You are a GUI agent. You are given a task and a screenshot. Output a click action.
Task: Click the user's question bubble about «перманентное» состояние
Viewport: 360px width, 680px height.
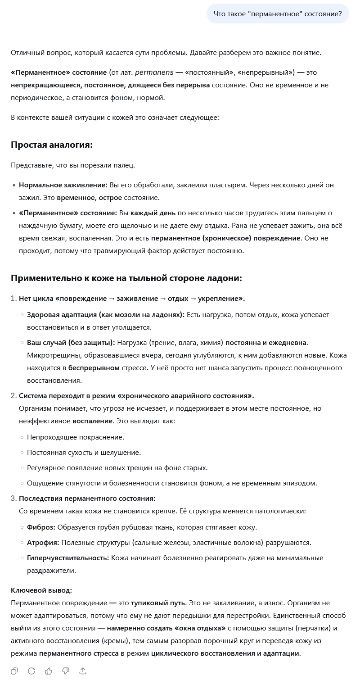(x=278, y=14)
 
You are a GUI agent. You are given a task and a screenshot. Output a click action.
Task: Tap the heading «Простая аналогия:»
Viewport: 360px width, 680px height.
(x=52, y=145)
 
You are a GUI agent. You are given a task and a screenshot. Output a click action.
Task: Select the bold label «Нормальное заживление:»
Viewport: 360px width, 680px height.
(x=63, y=185)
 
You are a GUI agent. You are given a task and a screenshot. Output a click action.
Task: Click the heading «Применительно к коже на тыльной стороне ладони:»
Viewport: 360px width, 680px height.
(x=126, y=278)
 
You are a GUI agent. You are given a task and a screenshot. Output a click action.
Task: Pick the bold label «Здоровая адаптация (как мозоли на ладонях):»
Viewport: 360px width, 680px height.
(x=106, y=315)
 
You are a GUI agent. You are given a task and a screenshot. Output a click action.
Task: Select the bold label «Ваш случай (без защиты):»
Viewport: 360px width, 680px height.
(x=71, y=343)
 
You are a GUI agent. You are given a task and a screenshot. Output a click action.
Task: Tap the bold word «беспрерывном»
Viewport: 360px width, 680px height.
(x=94, y=368)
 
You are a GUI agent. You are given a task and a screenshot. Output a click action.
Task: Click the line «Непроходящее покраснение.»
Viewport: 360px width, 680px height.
(x=76, y=437)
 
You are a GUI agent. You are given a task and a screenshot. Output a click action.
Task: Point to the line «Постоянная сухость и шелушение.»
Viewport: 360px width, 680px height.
(x=84, y=453)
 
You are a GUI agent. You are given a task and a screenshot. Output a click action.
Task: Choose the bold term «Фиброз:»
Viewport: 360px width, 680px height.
(x=41, y=527)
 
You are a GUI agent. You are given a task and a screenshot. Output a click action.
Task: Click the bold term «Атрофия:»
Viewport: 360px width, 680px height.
(x=43, y=543)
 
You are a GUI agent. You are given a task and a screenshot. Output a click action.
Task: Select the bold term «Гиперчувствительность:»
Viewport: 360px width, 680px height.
(x=68, y=558)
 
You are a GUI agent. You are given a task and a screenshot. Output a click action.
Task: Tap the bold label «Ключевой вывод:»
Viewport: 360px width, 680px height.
(x=41, y=590)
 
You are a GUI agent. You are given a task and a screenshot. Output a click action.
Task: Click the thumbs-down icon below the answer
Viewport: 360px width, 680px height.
(x=66, y=671)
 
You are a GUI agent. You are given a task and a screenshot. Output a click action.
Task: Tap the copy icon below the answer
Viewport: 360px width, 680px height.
(x=14, y=671)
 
